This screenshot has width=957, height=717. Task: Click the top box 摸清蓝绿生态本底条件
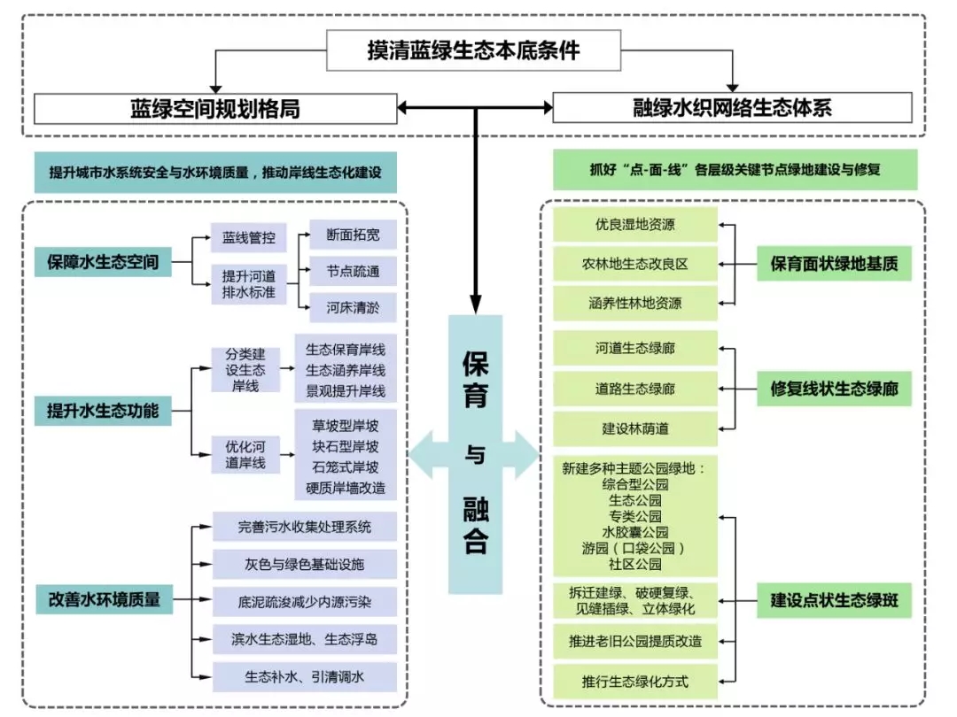click(x=474, y=50)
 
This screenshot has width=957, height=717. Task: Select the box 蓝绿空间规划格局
click(x=215, y=109)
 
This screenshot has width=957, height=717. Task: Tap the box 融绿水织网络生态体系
click(x=732, y=109)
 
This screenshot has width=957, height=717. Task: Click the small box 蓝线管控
click(x=242, y=238)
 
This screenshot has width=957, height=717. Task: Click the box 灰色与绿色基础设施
click(x=305, y=564)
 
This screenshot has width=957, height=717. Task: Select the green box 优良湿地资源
click(x=634, y=225)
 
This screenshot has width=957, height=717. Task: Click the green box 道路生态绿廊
click(x=634, y=389)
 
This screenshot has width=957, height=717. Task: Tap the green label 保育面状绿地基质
click(x=834, y=264)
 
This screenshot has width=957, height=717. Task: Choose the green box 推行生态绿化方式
click(x=634, y=682)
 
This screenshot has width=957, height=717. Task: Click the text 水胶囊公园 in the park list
click(x=634, y=532)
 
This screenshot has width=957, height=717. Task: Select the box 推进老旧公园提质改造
click(x=634, y=641)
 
